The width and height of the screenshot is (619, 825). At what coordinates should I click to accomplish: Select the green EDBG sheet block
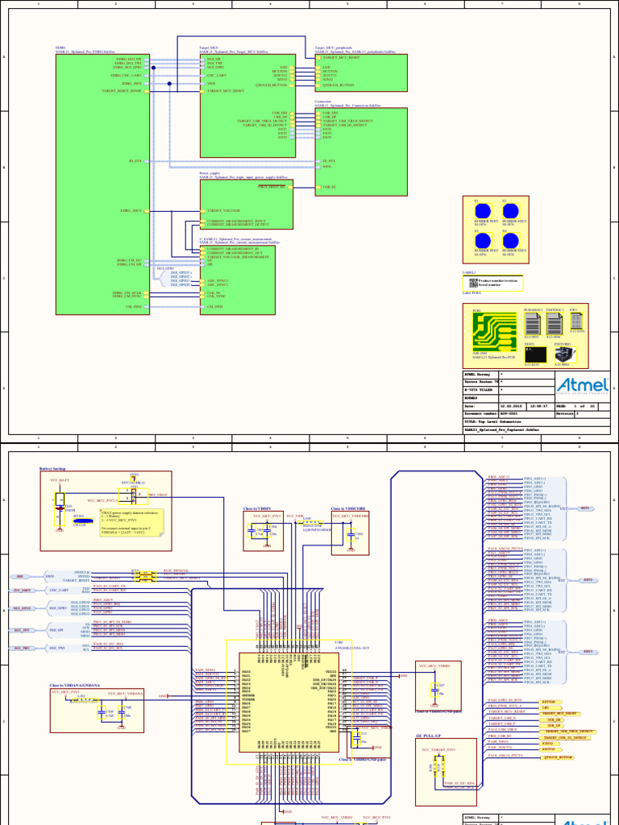click(102, 177)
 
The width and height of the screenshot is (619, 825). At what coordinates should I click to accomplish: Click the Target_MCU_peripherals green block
click(360, 73)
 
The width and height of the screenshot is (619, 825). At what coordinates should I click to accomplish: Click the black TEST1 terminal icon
click(532, 354)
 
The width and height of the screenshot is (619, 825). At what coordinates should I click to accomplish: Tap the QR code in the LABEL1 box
click(472, 282)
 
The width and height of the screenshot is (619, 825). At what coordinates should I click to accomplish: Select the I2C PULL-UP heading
click(427, 736)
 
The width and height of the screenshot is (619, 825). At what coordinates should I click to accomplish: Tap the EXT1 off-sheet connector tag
click(586, 508)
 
